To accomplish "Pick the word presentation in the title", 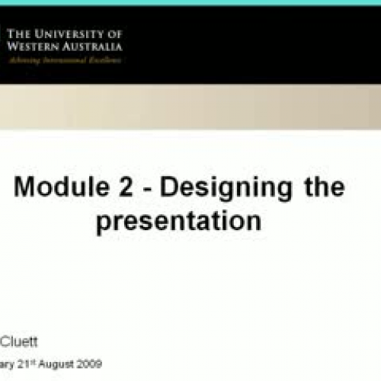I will coord(178,222).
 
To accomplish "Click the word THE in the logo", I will coord(18,34).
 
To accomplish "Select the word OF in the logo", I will coord(114,34).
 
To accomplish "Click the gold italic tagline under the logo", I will coord(64,59).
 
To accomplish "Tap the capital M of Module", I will coord(27,187).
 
